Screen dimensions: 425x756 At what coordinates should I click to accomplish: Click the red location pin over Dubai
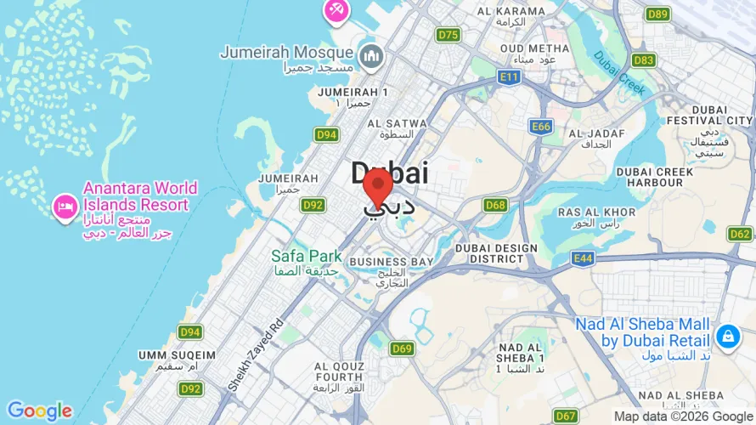pyautogui.click(x=377, y=185)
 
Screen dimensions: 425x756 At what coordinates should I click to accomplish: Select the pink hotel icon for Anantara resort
pyautogui.click(x=65, y=206)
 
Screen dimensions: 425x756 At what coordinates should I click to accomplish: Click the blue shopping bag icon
pyautogui.click(x=726, y=337)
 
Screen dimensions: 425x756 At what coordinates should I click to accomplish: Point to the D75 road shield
pyautogui.click(x=448, y=35)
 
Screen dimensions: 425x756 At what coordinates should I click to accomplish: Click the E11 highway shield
pyautogui.click(x=509, y=77)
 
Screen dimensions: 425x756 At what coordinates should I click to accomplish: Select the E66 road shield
pyautogui.click(x=540, y=127)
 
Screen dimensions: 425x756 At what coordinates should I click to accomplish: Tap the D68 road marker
pyautogui.click(x=495, y=205)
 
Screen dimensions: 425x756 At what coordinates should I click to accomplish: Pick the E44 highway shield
pyautogui.click(x=583, y=258)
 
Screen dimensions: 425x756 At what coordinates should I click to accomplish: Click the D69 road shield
pyautogui.click(x=402, y=348)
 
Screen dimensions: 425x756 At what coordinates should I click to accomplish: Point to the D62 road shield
pyautogui.click(x=740, y=234)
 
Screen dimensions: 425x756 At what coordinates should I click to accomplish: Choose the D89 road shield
pyautogui.click(x=657, y=14)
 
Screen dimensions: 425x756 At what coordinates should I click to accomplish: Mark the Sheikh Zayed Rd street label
pyautogui.click(x=255, y=355)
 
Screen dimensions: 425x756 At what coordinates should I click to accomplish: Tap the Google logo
pyautogui.click(x=39, y=411)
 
